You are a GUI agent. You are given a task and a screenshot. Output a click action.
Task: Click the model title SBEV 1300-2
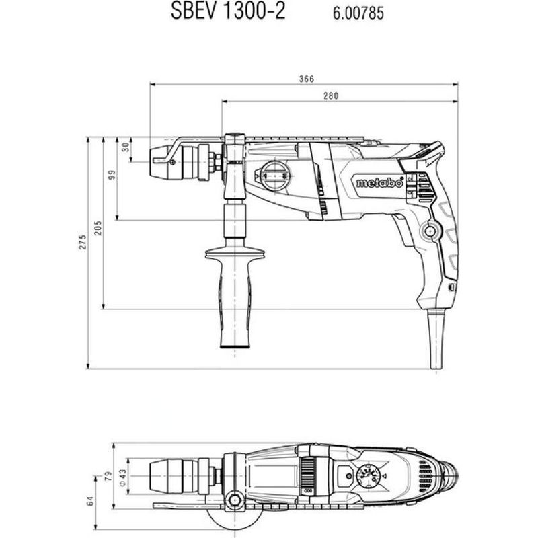[x=228, y=11]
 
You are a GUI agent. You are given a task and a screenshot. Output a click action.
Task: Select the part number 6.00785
[x=358, y=13]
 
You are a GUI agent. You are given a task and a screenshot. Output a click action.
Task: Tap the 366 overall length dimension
[x=307, y=79]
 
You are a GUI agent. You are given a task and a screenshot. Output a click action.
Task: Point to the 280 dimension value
[x=331, y=96]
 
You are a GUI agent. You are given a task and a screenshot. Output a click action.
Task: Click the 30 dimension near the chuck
[x=126, y=147]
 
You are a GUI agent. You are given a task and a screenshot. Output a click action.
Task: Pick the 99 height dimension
[x=112, y=175]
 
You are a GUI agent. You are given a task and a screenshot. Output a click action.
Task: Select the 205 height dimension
[x=98, y=228]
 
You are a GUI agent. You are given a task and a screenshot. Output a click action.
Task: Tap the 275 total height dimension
[x=83, y=242]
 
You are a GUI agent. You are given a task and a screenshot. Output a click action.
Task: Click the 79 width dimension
[x=108, y=477]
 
